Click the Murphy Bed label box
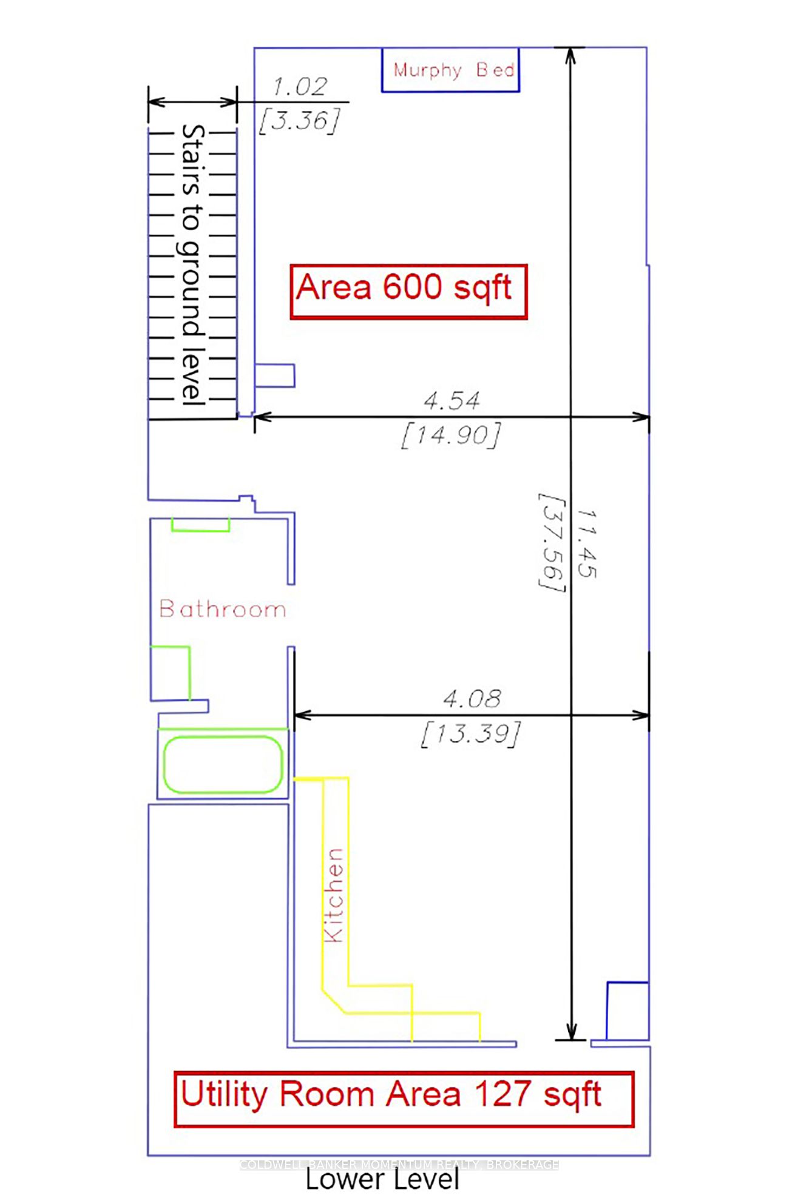point(450,70)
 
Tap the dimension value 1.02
point(300,87)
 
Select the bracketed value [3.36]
point(299,121)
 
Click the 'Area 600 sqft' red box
point(408,291)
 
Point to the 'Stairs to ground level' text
point(192,265)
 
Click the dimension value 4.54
point(451,400)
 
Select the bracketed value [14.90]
point(451,435)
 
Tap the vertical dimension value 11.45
point(587,543)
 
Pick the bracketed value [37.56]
point(552,543)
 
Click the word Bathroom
point(222,609)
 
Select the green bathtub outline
point(223,764)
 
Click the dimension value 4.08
point(472,699)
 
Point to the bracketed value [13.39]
point(471,734)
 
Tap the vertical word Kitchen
point(334,895)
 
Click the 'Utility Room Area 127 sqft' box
point(404,1099)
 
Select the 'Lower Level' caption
point(382,1180)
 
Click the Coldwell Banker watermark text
point(399,1165)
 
